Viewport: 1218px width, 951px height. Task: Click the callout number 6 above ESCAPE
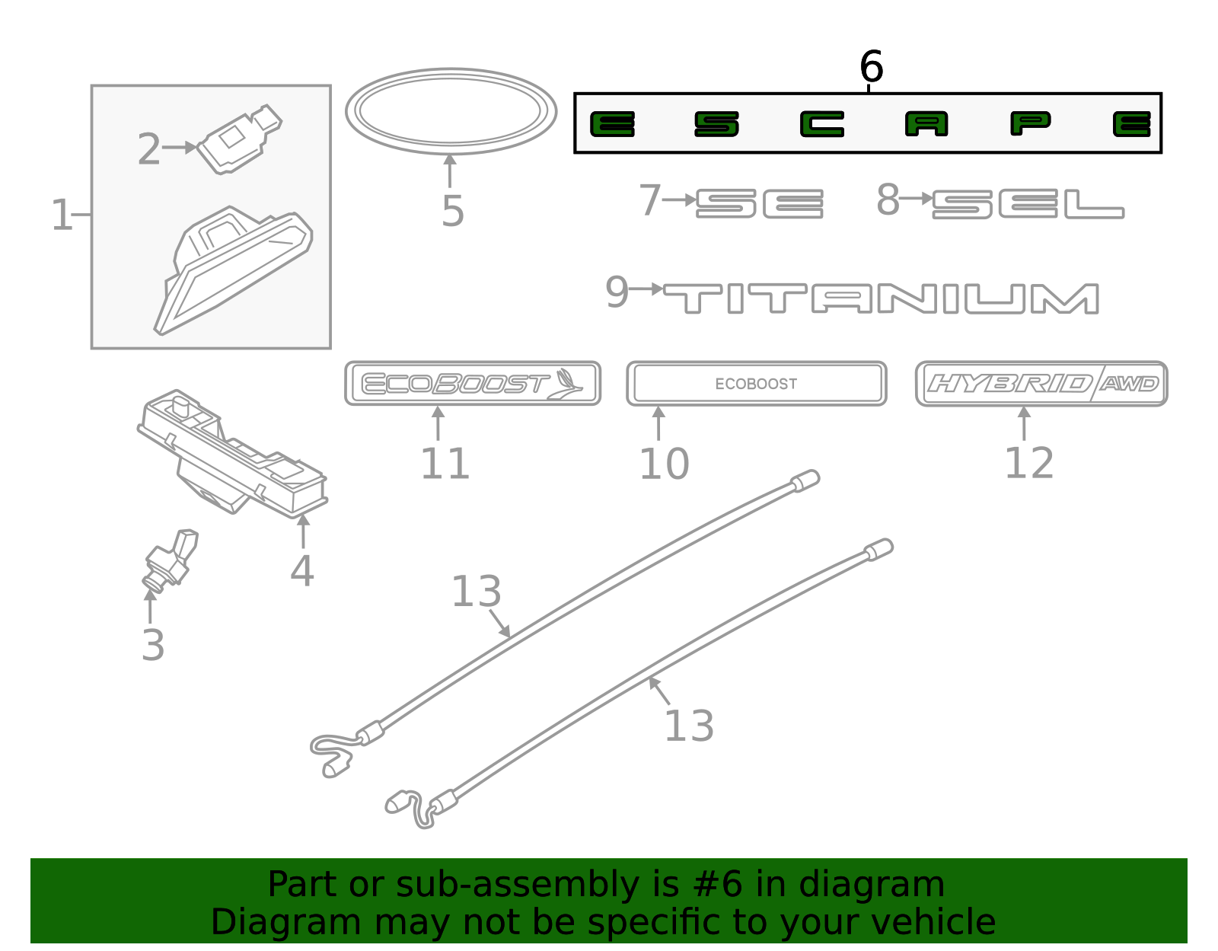click(x=871, y=66)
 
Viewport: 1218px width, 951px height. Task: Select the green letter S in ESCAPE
click(x=716, y=124)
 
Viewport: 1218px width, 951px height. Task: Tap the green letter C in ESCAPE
click(x=821, y=124)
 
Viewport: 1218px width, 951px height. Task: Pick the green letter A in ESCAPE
click(x=926, y=124)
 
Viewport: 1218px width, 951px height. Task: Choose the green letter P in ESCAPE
click(x=1031, y=123)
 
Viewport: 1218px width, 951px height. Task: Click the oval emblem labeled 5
click(x=451, y=111)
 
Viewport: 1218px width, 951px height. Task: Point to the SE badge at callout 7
click(x=759, y=204)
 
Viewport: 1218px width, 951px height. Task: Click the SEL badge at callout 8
click(x=1028, y=204)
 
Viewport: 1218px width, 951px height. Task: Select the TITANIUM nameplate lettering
click(x=881, y=298)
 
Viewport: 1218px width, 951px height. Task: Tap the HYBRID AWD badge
click(x=1041, y=384)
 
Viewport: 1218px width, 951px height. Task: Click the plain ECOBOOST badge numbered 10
click(x=756, y=384)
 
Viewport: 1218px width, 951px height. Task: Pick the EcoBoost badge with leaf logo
click(x=472, y=383)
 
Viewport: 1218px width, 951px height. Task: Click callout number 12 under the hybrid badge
click(x=1029, y=463)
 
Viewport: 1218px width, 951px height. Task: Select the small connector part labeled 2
click(x=239, y=139)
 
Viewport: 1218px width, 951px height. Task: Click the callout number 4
click(x=301, y=570)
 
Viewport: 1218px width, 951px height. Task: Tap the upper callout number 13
click(x=476, y=592)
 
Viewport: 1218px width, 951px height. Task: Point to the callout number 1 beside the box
click(x=60, y=215)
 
